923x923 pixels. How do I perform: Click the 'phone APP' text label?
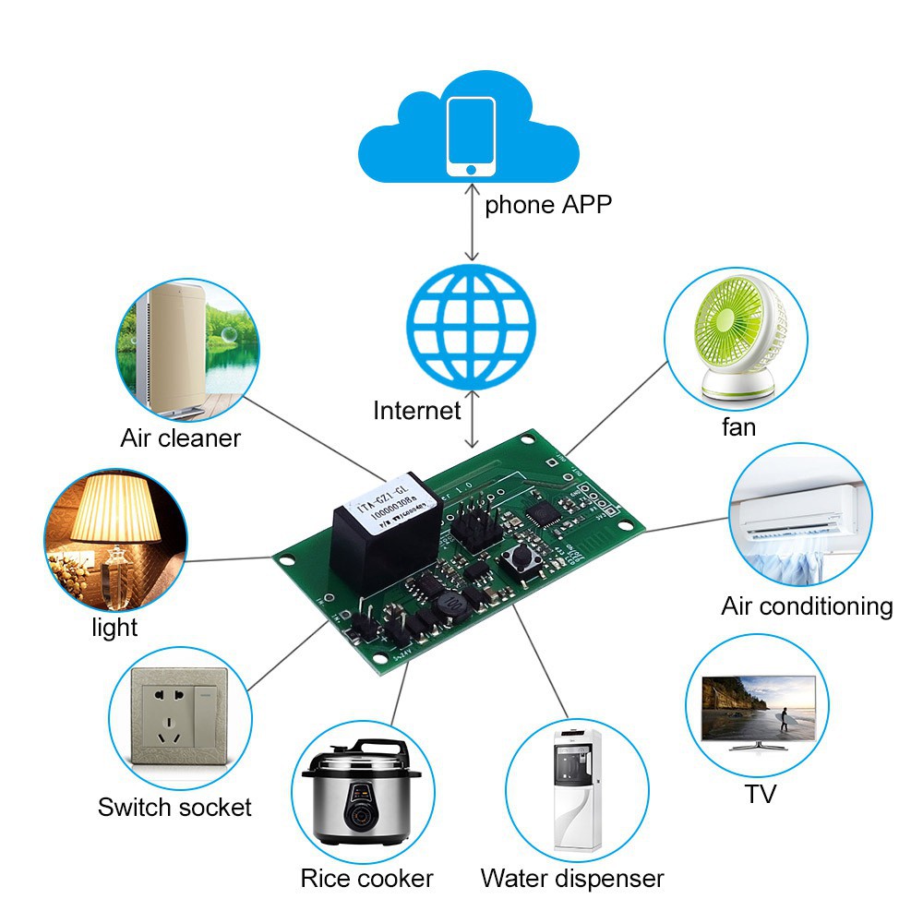548,204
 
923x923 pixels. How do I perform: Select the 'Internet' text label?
416,410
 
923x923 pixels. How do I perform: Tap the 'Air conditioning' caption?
807,606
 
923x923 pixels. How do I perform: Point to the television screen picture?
759,708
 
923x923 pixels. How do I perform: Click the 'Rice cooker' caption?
366,878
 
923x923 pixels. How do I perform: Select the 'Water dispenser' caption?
571,878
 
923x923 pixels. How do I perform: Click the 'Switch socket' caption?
174,807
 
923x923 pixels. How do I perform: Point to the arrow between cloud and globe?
473,222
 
